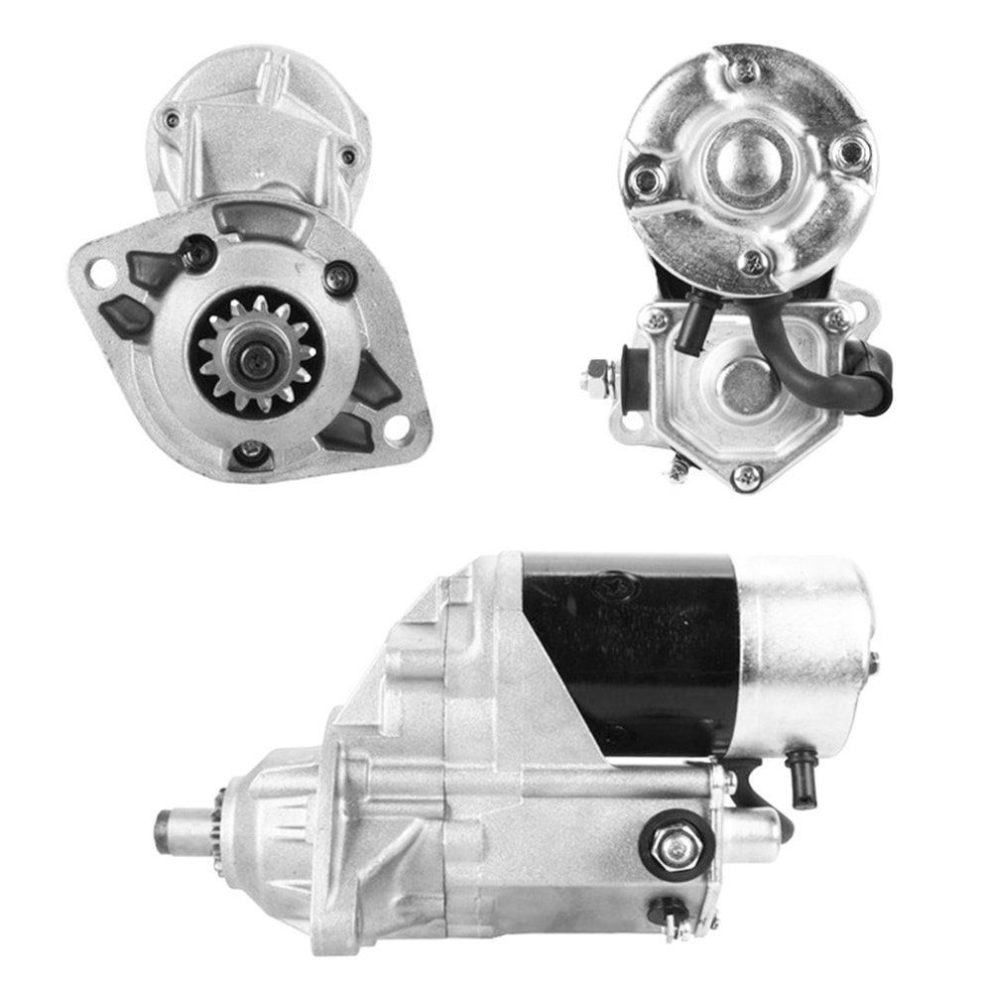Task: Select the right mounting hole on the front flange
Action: click(398, 429)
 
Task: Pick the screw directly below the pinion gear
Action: click(251, 452)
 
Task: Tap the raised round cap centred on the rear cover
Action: click(746, 159)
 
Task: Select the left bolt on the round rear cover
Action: click(648, 179)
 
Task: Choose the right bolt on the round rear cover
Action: click(849, 152)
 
